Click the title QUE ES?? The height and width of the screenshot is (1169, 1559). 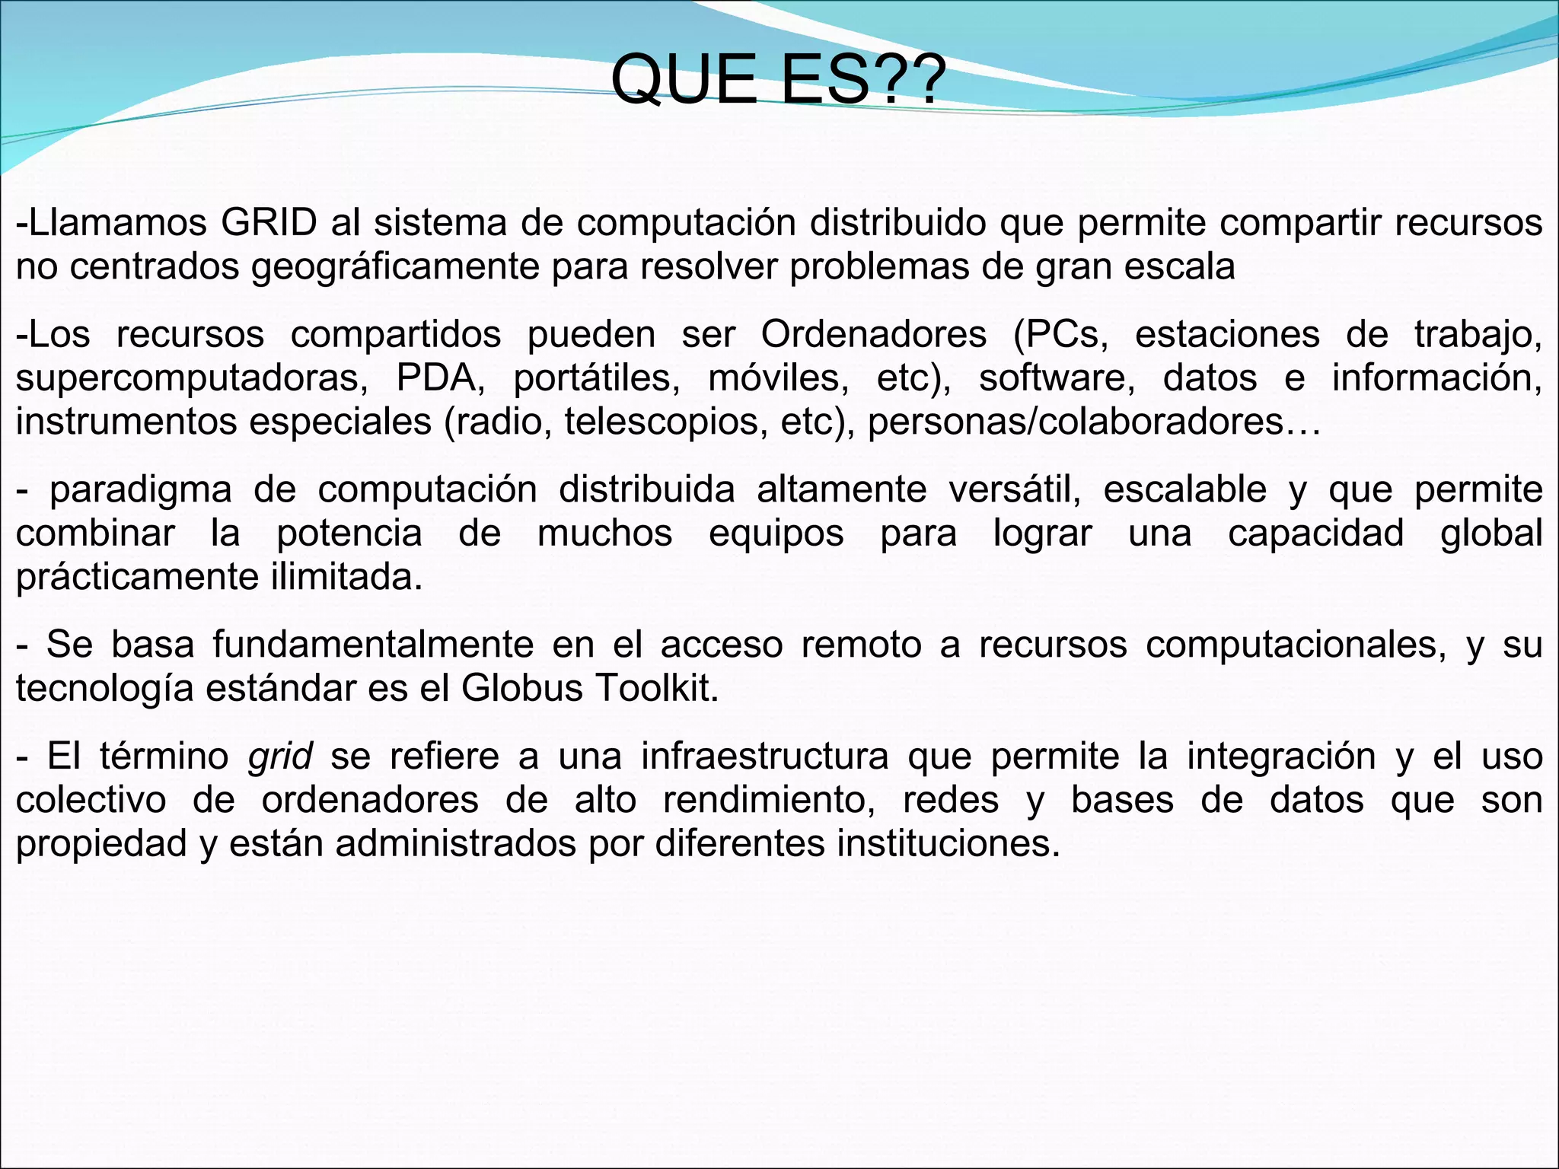coord(778,80)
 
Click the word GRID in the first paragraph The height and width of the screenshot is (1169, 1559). coord(269,223)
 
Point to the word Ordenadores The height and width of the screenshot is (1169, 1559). coord(873,334)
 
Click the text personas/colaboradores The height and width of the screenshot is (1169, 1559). coord(1076,422)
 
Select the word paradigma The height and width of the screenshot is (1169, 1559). coord(141,489)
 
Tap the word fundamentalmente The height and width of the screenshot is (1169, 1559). coord(373,645)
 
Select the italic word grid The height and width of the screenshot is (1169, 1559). coord(280,757)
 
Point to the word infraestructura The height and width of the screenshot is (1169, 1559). coord(764,757)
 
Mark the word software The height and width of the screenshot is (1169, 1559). coord(1056,378)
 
